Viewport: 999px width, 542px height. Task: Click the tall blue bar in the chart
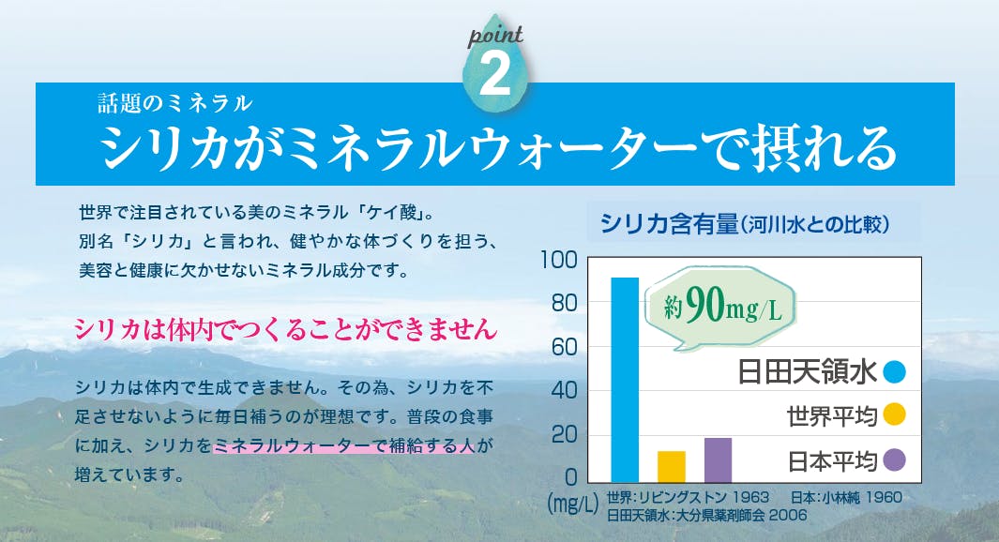click(x=625, y=380)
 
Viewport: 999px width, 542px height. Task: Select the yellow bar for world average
click(x=672, y=467)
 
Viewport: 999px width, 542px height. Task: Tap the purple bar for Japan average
click(x=718, y=459)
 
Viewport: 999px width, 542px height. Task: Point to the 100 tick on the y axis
click(x=559, y=260)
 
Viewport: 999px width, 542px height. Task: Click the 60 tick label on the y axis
click(x=564, y=347)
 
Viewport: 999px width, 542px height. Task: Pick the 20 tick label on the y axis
click(x=564, y=435)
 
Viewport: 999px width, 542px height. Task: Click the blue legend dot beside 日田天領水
click(x=895, y=371)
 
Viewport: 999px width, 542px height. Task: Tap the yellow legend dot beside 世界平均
click(x=895, y=414)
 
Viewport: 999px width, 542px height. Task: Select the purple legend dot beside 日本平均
click(x=895, y=459)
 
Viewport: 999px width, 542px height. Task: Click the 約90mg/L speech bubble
click(x=720, y=307)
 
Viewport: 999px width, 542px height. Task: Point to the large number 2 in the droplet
click(x=494, y=74)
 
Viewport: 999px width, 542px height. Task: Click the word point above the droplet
click(x=495, y=36)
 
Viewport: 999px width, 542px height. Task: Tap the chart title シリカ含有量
click(x=669, y=224)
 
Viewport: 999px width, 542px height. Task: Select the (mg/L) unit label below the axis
click(x=573, y=504)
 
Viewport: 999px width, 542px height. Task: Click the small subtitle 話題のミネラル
click(x=175, y=103)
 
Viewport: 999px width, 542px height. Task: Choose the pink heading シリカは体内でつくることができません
click(x=285, y=329)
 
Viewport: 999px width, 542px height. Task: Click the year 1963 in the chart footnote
click(x=750, y=497)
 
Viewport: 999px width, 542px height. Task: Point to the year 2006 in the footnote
click(x=788, y=515)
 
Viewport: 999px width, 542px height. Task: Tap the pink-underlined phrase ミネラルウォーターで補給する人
click(x=344, y=445)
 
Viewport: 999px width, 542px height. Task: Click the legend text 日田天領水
click(x=808, y=372)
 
